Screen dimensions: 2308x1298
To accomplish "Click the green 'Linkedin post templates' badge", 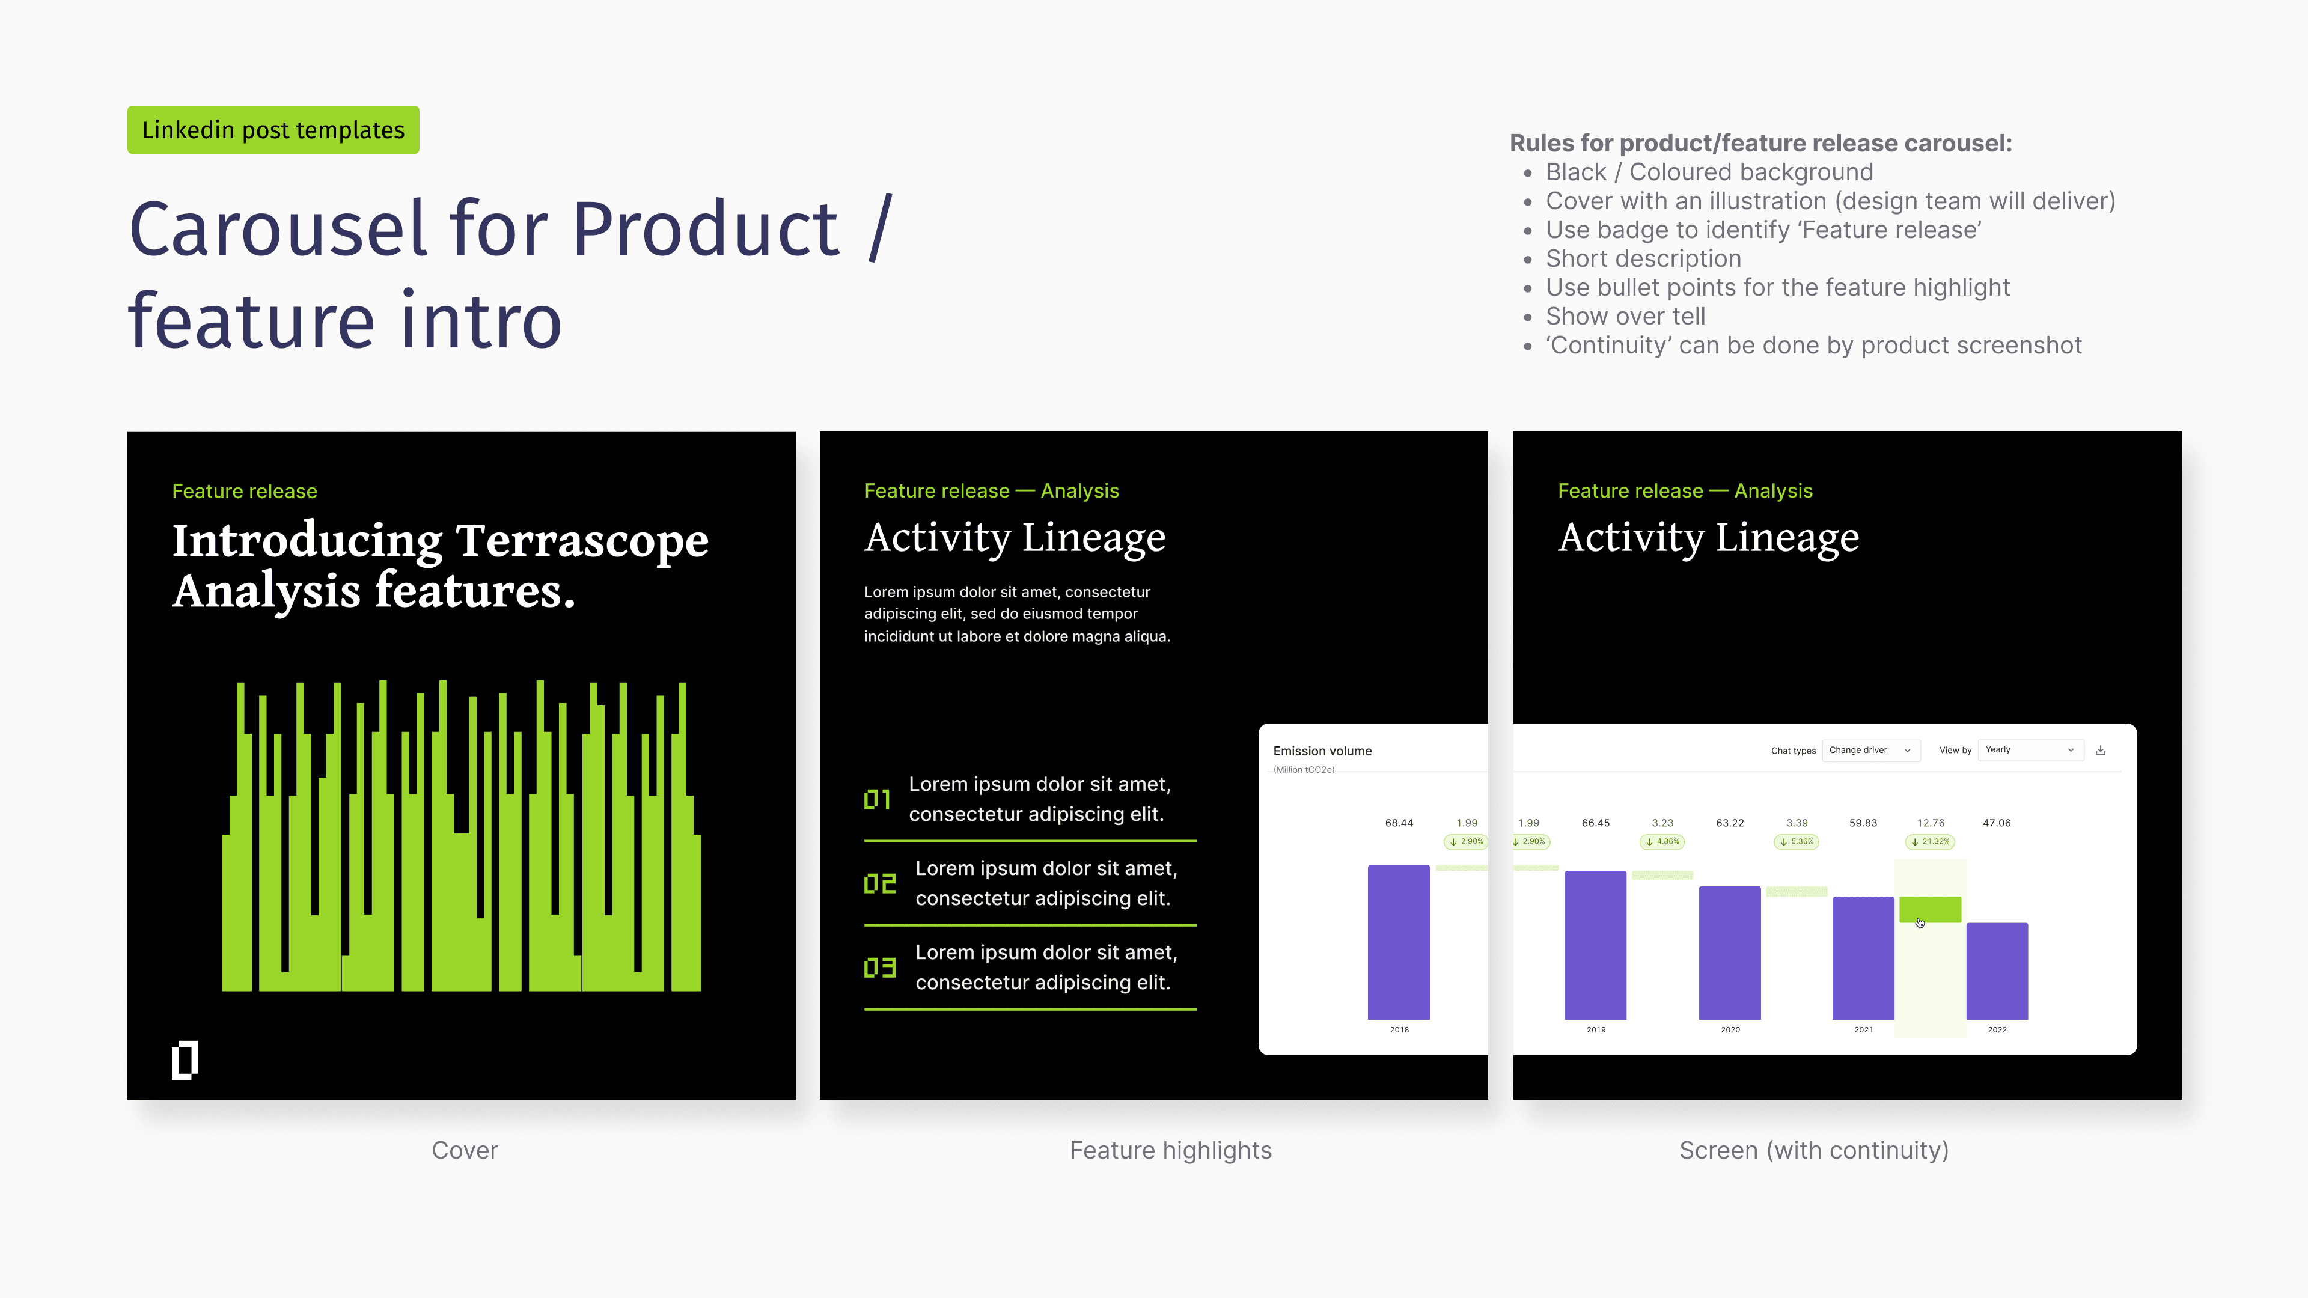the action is click(273, 130).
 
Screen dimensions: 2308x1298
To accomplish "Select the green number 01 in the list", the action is click(877, 799).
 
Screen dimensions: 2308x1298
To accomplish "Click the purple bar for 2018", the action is click(1399, 942).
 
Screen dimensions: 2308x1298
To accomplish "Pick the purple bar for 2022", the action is click(1997, 971).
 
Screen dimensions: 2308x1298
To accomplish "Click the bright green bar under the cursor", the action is click(1931, 909).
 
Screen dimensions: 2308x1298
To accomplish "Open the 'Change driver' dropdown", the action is click(1872, 750).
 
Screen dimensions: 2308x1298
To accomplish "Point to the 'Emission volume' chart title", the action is click(1322, 751).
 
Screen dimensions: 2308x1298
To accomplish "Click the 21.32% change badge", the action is click(1931, 842).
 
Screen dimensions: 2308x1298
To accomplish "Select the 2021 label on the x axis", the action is click(1864, 1030).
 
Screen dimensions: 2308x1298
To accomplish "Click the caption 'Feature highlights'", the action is click(1171, 1150).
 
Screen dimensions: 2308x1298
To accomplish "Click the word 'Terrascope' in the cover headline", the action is click(582, 541).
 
